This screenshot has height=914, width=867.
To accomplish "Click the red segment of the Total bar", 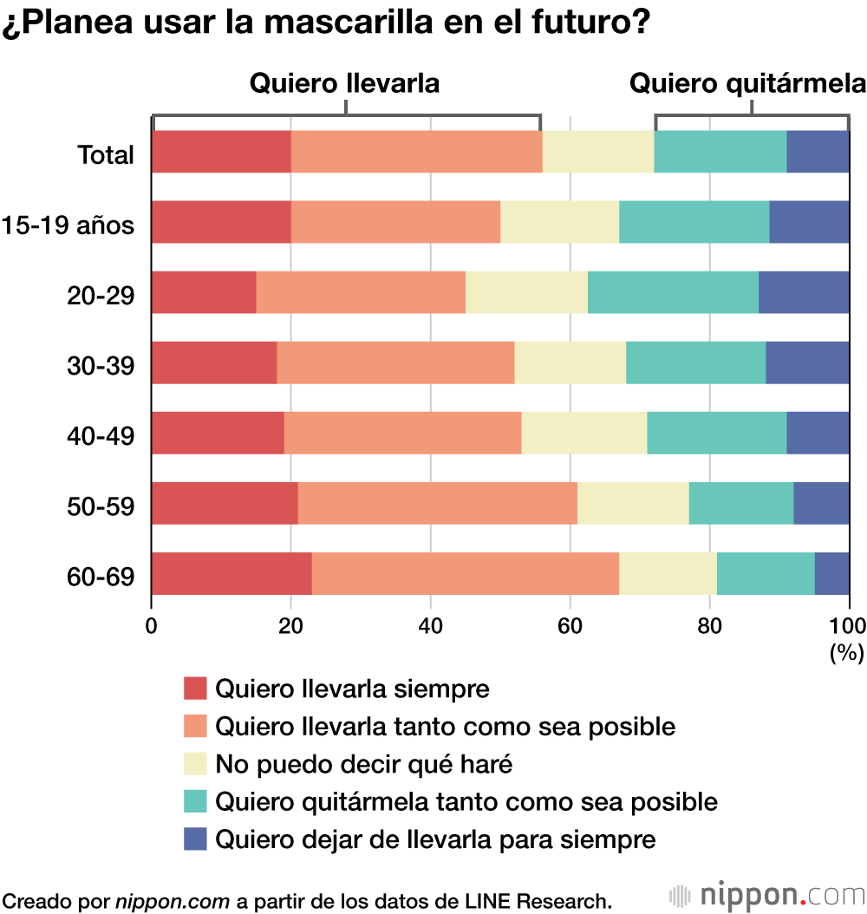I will pos(221,152).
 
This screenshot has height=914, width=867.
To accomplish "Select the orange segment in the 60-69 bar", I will pos(466,573).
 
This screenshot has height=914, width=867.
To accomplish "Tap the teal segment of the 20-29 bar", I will pos(673,292).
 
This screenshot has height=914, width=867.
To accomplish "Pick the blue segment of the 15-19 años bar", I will pos(809,222).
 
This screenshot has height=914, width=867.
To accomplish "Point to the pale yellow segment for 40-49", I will pos(583,433).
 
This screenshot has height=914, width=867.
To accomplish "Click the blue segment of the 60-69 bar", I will pos(831,573).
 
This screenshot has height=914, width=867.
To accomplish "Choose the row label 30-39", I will pos(101,366).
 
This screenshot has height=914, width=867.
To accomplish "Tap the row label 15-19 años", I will pos(68,225).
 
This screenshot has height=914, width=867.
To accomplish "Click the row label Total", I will pos(106,155).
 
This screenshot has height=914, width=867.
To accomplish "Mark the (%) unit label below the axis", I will pos(846,653).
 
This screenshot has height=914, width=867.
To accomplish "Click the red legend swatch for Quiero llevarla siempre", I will pos(196,689).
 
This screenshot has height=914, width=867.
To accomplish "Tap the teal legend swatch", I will pos(196,801).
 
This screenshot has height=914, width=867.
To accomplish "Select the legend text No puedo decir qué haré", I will pos(364,764).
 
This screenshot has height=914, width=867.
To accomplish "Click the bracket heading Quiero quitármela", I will pos(747,83).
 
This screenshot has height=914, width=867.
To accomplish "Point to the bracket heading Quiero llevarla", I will pos(344,83).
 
